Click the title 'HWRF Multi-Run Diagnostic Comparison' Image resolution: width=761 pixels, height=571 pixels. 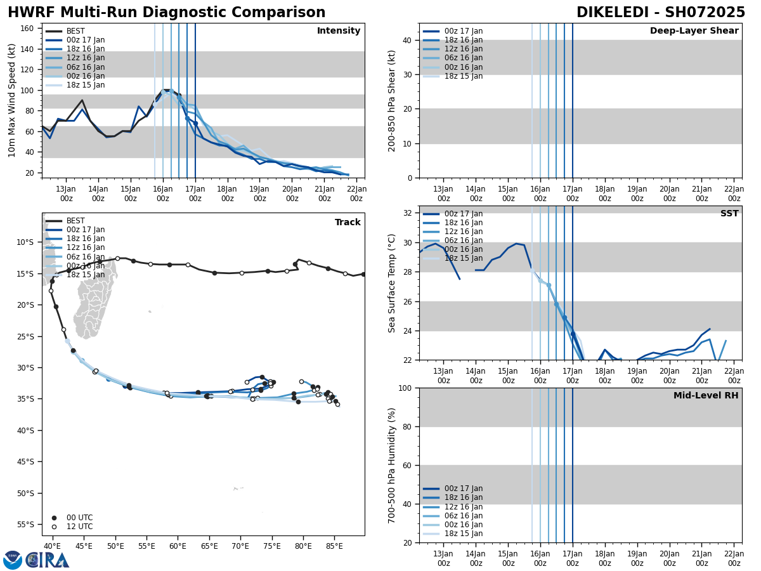(166, 13)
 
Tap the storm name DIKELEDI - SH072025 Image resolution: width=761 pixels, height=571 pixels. (660, 13)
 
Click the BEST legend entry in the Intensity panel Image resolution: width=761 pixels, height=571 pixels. (75, 31)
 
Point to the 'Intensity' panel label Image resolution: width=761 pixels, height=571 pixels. (339, 31)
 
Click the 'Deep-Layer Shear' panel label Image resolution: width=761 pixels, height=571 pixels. (694, 31)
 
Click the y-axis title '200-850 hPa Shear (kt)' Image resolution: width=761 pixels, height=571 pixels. (391, 100)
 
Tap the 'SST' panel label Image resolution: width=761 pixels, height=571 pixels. (729, 214)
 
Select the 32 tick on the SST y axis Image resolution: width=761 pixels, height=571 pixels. (409, 213)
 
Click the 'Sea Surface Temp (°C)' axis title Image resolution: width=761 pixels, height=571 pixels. (392, 283)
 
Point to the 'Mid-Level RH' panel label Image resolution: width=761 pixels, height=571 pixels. (706, 396)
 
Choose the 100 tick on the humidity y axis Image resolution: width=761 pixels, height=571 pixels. (407, 388)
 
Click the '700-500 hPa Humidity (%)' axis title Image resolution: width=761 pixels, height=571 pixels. (392, 465)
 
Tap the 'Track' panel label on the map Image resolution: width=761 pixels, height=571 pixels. (348, 223)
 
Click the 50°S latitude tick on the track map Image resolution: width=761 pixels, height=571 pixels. (25, 493)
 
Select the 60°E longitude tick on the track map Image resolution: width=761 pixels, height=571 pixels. (178, 546)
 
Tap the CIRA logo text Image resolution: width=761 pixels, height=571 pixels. (48, 560)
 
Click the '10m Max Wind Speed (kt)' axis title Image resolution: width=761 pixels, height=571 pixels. (12, 100)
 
